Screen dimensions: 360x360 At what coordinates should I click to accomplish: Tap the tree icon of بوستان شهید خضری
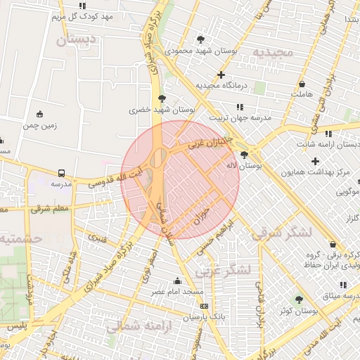(x=162, y=98)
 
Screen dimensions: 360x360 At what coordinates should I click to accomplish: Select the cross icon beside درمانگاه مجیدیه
(x=221, y=74)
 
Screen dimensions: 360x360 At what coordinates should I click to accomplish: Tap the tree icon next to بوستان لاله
(x=244, y=155)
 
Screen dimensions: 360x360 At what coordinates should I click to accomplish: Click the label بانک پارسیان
(x=203, y=317)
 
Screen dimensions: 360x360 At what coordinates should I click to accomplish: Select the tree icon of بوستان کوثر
(x=300, y=300)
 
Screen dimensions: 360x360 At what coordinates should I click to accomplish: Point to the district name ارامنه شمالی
(x=134, y=326)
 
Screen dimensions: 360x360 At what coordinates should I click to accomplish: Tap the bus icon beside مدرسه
(x=61, y=172)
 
